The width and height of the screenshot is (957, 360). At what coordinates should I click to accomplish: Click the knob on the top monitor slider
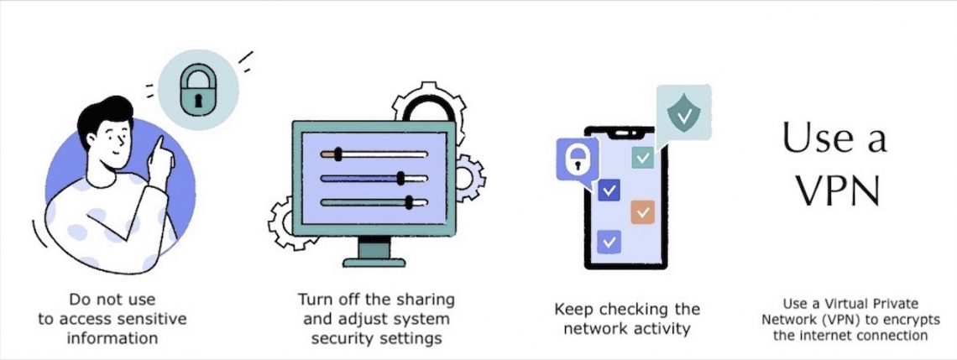coord(337,154)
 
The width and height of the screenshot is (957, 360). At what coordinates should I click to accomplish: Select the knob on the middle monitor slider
coord(400,178)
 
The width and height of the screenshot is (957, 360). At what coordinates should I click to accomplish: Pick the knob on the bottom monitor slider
coord(410,201)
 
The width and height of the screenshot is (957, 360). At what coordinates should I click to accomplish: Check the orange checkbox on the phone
coord(642,212)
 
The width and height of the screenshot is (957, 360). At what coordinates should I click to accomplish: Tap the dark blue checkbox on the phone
coord(609,190)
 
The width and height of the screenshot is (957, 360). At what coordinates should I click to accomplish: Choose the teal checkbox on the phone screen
coord(642,157)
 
